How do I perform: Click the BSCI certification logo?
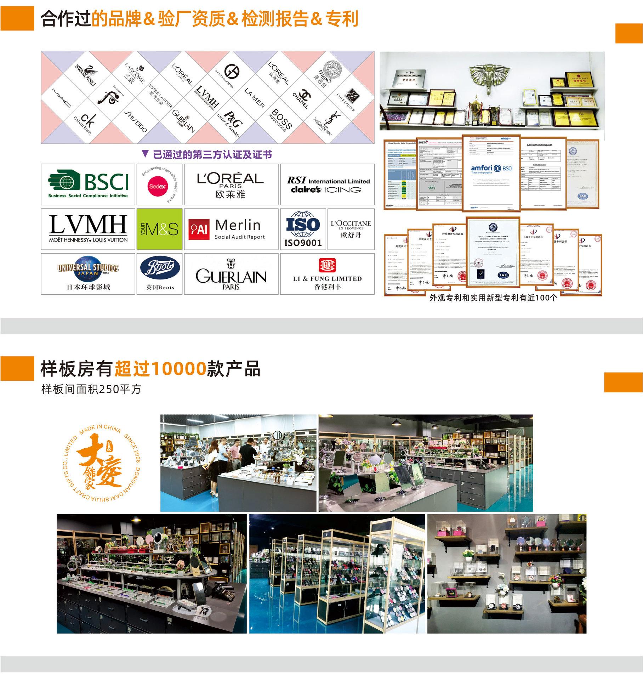[x=88, y=184]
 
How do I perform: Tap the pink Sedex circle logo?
[x=158, y=184]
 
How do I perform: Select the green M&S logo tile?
[x=159, y=229]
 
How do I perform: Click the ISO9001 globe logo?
[x=303, y=229]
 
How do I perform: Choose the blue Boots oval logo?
[x=160, y=269]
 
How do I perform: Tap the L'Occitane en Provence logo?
[x=351, y=229]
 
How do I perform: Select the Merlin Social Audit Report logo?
[x=231, y=229]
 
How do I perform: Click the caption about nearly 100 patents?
[x=493, y=297]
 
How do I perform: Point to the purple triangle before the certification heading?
[x=145, y=154]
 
